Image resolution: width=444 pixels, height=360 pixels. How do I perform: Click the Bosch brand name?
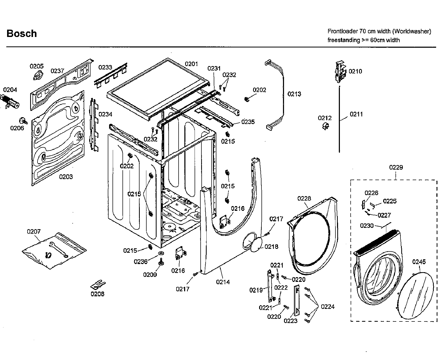click(22, 34)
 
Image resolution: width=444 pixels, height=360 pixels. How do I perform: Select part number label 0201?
click(191, 64)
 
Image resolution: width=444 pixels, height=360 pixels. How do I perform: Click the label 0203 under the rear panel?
click(66, 177)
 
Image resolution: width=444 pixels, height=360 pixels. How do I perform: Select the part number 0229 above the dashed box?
click(396, 167)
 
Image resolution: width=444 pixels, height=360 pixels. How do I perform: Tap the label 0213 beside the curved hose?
click(294, 94)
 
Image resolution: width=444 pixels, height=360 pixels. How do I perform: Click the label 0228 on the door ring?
click(304, 198)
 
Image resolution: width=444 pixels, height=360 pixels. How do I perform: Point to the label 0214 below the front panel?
click(223, 282)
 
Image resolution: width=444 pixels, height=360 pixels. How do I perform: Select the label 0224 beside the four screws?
click(328, 307)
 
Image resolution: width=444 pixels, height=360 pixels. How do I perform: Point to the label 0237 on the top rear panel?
click(57, 71)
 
